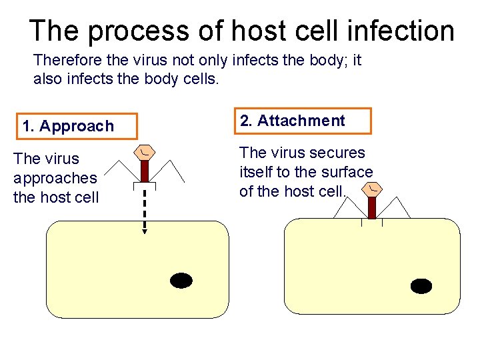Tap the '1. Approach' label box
point(77,126)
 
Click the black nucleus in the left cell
point(181,281)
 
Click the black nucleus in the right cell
point(421,286)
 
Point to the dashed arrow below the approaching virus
point(144,207)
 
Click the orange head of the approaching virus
point(145,153)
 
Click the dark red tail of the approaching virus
point(145,171)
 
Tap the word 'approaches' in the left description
point(55,178)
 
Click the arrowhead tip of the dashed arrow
point(144,232)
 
